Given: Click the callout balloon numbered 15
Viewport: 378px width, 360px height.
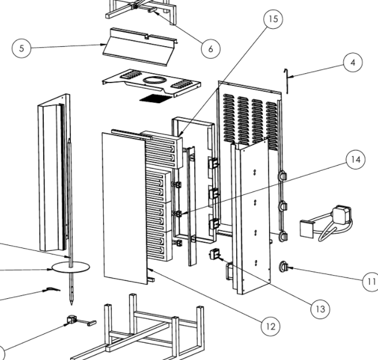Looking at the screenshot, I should pyautogui.click(x=273, y=19).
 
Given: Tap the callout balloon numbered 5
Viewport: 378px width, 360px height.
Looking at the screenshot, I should pyautogui.click(x=21, y=48).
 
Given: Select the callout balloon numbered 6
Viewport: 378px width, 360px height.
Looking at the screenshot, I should pyautogui.click(x=210, y=48).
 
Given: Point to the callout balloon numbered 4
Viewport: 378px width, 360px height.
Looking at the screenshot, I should pyautogui.click(x=352, y=63).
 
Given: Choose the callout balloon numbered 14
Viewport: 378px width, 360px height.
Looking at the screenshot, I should pyautogui.click(x=355, y=159).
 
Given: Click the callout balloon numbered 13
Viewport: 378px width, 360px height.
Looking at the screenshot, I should pyautogui.click(x=320, y=309).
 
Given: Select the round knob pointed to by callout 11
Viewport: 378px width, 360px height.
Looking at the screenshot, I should pyautogui.click(x=283, y=267).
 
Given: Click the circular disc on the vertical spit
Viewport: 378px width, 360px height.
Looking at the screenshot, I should pyautogui.click(x=71, y=267).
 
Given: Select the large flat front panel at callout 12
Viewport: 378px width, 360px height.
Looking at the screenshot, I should pyautogui.click(x=124, y=208).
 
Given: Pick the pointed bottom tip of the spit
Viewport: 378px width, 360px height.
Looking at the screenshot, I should pyautogui.click(x=71, y=301).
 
